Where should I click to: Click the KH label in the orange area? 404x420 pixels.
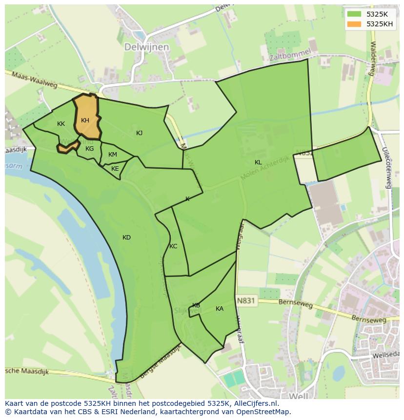point(85,120)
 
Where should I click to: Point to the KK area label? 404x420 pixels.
point(61,124)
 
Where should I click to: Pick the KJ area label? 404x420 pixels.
point(140,133)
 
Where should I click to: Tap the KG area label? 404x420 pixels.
point(89,149)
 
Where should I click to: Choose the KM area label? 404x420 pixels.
point(113,155)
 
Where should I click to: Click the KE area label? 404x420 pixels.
point(115,169)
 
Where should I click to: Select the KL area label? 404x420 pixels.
point(258,162)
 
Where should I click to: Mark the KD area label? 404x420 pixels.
point(127,238)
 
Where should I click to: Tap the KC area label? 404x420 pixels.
point(173,246)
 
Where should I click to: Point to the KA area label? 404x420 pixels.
point(220,309)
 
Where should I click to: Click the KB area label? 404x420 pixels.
point(196,305)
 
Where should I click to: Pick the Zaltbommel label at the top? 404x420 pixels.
point(290,58)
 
